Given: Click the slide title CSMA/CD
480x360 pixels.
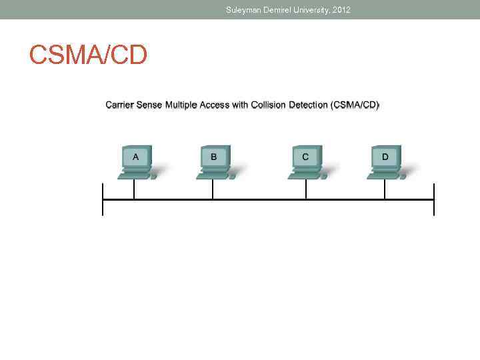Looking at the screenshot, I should click(x=88, y=55).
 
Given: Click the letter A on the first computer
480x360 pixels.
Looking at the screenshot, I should click(x=136, y=157).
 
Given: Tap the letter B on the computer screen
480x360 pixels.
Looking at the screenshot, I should click(x=214, y=157).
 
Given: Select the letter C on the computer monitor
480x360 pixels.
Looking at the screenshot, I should click(x=305, y=157).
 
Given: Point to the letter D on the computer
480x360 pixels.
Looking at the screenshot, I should click(x=385, y=157).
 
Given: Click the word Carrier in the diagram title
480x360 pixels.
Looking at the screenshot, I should click(x=120, y=105).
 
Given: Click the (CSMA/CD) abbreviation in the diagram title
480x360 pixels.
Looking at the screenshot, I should click(x=355, y=105).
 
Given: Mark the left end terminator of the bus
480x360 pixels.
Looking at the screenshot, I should click(x=103, y=199).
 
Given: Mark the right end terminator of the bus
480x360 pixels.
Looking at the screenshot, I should click(x=434, y=199).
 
